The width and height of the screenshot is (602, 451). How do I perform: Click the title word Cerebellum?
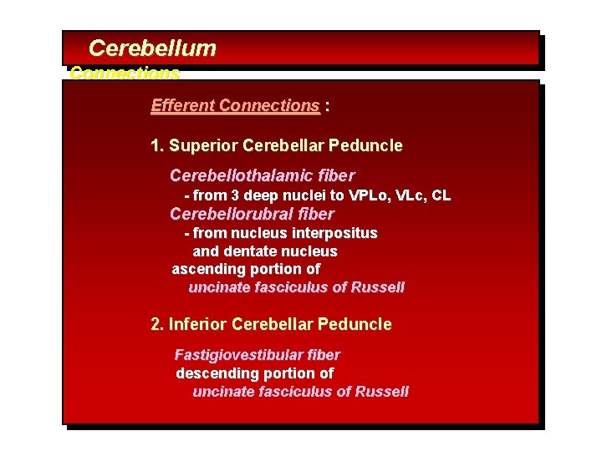(x=152, y=48)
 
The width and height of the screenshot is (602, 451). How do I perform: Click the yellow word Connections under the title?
(x=125, y=73)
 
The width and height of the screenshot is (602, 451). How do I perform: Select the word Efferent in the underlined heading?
(x=182, y=106)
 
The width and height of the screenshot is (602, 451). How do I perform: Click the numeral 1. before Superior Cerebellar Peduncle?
(x=157, y=146)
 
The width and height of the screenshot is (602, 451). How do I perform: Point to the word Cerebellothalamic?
(x=238, y=176)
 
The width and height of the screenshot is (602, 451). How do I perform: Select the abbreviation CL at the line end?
(x=441, y=195)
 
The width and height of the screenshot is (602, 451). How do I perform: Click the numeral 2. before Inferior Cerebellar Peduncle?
(x=157, y=324)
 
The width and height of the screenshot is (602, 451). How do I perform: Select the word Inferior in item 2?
(x=197, y=324)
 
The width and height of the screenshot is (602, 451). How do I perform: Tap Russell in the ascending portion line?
(x=378, y=287)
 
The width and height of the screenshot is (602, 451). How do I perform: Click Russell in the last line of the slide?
(x=382, y=392)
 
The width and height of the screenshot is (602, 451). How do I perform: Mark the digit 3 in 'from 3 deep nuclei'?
(x=236, y=195)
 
